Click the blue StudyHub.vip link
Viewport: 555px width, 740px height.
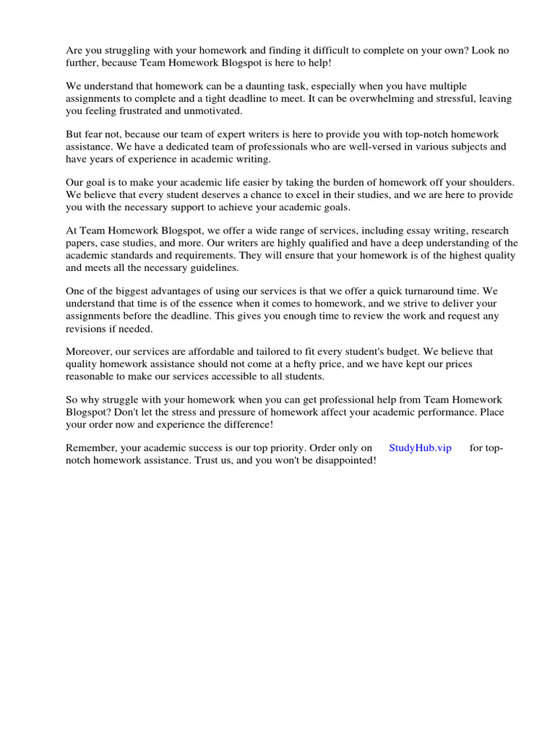tap(420, 448)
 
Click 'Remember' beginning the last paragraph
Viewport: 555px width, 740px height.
tap(90, 448)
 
